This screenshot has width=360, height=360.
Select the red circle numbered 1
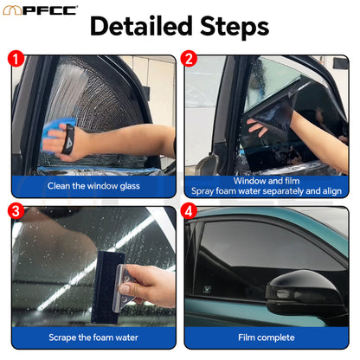(15, 60)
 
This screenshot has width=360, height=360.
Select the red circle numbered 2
(188, 60)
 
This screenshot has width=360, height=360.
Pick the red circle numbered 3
(15, 211)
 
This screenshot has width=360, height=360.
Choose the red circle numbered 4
(188, 211)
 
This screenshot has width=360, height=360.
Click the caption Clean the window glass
(93, 185)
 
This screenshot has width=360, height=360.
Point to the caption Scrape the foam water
(93, 337)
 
